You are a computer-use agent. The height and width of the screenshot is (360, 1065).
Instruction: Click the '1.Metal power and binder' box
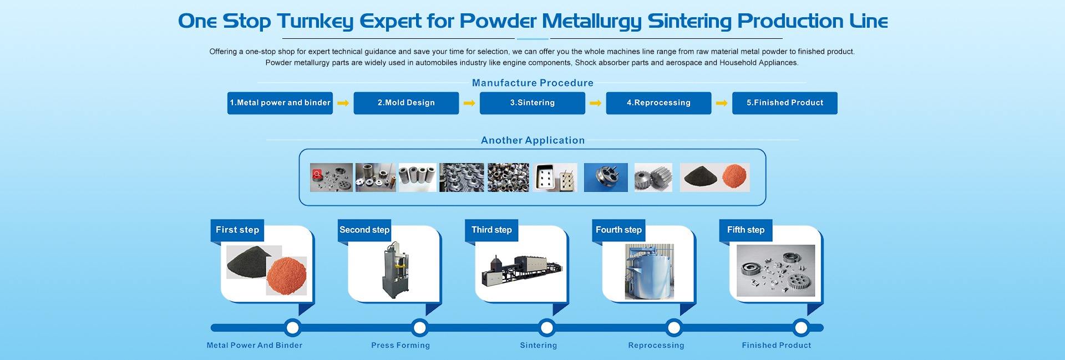tap(280, 103)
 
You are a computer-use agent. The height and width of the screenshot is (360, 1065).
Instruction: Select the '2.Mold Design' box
tap(406, 103)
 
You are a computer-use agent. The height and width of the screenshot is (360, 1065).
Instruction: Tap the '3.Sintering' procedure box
tap(532, 103)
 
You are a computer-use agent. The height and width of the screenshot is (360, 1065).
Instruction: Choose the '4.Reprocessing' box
tap(658, 103)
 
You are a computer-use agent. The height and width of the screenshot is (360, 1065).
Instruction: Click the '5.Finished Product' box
tap(784, 103)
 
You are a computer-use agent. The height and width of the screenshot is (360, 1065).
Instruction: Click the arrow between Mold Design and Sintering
tap(469, 103)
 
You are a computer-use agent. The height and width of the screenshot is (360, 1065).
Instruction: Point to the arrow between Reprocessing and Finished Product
tap(722, 103)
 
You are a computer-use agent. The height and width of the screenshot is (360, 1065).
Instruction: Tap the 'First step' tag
tap(237, 230)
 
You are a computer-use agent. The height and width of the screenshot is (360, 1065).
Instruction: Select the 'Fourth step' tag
tap(618, 230)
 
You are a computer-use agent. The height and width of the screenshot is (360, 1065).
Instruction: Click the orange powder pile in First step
tap(286, 276)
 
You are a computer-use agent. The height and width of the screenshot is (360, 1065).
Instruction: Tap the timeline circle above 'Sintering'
tap(546, 328)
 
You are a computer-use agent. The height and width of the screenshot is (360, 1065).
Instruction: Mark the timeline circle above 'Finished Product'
tap(800, 328)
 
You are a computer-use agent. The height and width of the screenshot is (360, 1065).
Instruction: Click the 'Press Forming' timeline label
tap(400, 346)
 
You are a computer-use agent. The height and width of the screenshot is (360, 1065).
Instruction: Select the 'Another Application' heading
tap(532, 140)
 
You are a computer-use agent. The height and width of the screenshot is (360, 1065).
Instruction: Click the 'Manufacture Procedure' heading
tap(532, 83)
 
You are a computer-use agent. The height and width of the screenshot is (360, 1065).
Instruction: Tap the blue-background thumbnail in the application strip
tap(606, 178)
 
